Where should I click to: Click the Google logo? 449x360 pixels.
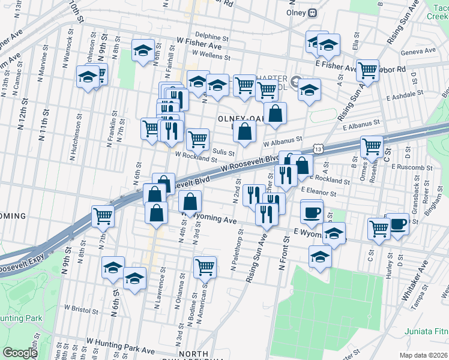(x=20, y=353)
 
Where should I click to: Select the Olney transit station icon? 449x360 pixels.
(x=312, y=13)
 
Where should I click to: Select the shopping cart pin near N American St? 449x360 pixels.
(x=205, y=266)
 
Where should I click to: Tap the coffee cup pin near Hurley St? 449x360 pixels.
(x=397, y=223)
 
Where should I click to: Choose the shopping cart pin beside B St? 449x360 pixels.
(x=372, y=145)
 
